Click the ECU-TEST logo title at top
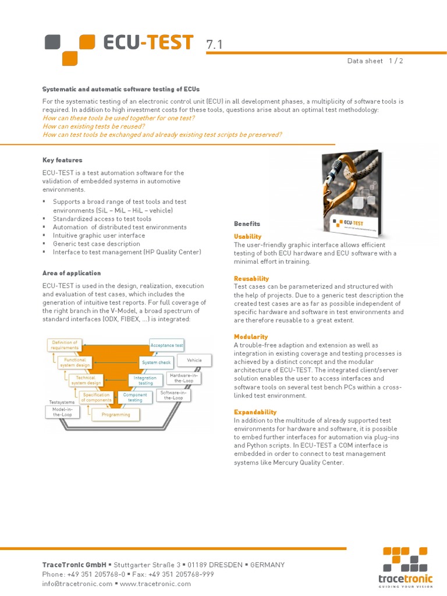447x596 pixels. click(x=148, y=43)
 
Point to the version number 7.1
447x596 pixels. click(x=214, y=45)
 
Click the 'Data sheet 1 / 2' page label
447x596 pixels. click(x=375, y=61)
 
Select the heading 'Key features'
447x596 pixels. click(x=62, y=160)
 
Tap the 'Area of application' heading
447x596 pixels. click(x=71, y=273)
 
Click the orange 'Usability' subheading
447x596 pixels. click(x=247, y=236)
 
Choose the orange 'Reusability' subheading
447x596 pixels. click(x=251, y=279)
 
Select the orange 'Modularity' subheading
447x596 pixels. click(x=251, y=336)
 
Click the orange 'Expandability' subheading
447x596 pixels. click(x=256, y=411)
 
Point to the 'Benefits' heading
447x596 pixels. click(x=247, y=223)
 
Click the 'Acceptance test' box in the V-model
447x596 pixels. click(x=167, y=345)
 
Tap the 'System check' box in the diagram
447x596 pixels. click(x=156, y=363)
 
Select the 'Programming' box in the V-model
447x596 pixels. click(x=116, y=414)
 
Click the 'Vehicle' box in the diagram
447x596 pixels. click(x=194, y=360)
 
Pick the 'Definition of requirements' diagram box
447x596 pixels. click(x=64, y=345)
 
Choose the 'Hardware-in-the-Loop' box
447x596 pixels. click(x=183, y=378)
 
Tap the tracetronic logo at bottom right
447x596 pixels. click(x=405, y=568)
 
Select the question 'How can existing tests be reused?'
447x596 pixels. click(x=94, y=126)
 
